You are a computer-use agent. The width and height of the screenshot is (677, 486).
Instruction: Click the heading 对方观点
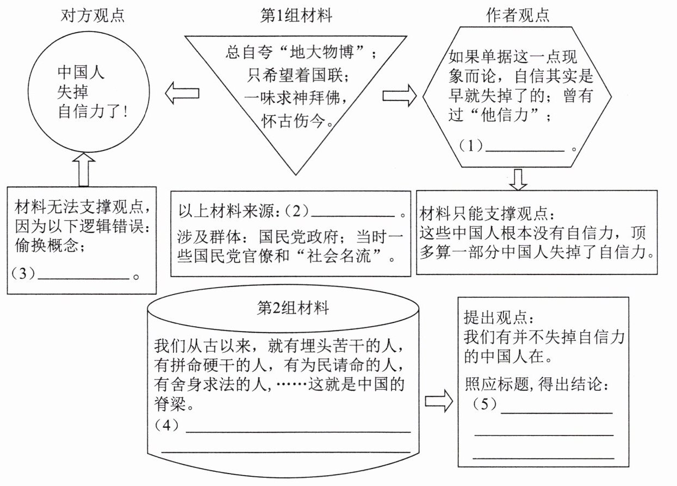(92, 15)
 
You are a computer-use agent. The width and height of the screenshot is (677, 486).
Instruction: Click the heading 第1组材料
(296, 15)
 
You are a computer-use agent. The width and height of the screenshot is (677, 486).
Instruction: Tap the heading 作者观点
(517, 15)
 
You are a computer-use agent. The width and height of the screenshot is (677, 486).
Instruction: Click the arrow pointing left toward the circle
(182, 94)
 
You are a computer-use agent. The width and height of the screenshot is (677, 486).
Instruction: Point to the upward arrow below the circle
(83, 169)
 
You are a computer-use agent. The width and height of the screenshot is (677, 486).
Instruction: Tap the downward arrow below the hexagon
(519, 179)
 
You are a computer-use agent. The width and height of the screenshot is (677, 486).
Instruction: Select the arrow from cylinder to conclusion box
(438, 401)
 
